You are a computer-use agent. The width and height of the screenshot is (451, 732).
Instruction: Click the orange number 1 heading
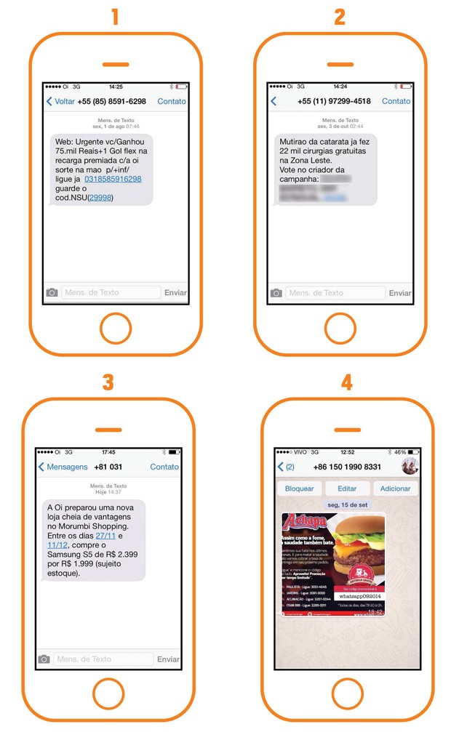pos(113,17)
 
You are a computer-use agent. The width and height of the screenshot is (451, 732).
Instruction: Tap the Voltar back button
pos(60,101)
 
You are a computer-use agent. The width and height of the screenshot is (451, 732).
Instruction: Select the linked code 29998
pos(100,198)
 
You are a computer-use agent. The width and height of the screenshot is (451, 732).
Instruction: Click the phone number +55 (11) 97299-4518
pos(334,101)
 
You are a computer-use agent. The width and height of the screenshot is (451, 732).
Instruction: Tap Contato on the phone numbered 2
pos(396,101)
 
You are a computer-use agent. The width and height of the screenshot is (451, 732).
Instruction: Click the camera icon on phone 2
pos(276,293)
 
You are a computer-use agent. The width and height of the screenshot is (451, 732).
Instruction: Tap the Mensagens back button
pos(63,467)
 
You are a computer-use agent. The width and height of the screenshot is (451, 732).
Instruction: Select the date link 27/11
pos(106,535)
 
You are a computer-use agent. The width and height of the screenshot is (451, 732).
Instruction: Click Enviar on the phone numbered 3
pos(168,659)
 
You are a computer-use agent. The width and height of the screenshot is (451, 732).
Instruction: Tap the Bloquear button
pos(299,488)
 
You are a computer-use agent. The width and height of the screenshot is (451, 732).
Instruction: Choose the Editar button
pos(347,488)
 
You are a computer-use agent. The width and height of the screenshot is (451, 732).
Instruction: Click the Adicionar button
pos(395,488)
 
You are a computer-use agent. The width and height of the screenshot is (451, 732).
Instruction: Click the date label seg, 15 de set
pos(346,505)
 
